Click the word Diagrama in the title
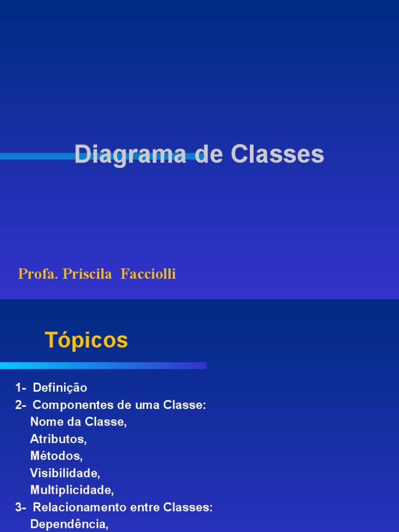coord(130,155)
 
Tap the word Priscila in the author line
coord(87,274)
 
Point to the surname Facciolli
coord(148,274)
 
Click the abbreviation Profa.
coord(38,274)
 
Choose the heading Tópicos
coord(86,340)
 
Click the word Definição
coord(60,388)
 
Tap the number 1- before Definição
coord(21,388)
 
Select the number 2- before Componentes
coord(21,405)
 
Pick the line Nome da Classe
coord(78,422)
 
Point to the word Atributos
coord(58,439)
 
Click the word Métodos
coord(56,456)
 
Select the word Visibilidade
coord(65,473)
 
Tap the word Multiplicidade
coord(72,490)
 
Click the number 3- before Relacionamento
coord(21,507)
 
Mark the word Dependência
coord(69,524)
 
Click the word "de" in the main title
coord(208,155)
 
